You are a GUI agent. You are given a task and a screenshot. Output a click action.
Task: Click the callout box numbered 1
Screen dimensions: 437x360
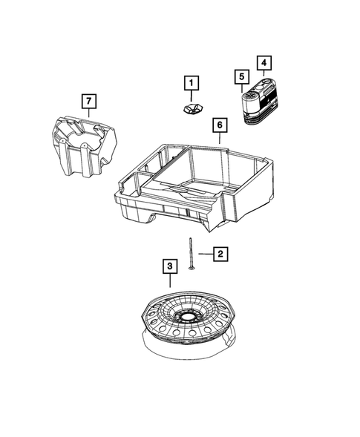click(192, 82)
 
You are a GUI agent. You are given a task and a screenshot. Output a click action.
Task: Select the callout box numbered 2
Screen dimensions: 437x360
click(219, 254)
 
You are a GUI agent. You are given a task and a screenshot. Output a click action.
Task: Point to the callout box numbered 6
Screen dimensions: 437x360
click(219, 125)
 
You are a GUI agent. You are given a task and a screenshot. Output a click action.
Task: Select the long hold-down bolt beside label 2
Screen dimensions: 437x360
click(192, 252)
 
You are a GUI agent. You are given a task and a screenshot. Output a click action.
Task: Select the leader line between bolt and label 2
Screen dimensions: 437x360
click(203, 254)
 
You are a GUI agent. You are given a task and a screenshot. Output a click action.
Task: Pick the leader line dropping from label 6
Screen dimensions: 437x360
click(219, 140)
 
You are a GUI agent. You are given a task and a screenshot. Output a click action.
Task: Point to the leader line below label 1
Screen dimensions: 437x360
click(192, 96)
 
